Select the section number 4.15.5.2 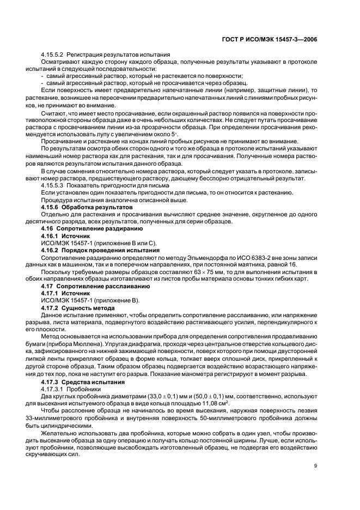coord(53,56)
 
